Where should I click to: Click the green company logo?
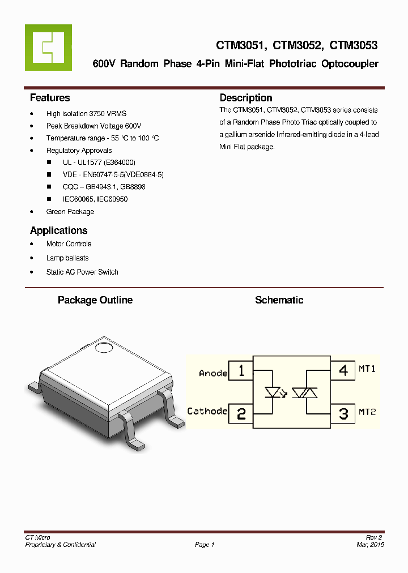click(48, 48)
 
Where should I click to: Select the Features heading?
click(50, 98)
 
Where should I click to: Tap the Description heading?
click(246, 98)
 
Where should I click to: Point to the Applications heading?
click(58, 230)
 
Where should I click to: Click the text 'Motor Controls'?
click(69, 244)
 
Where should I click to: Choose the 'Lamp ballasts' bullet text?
click(67, 258)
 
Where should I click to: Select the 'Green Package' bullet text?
click(70, 212)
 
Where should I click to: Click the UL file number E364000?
click(119, 162)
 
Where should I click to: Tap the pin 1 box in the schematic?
click(241, 371)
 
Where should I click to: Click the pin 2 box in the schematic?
click(241, 413)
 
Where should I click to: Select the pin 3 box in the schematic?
click(343, 413)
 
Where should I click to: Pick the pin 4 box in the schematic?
click(343, 371)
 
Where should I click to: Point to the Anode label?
click(213, 373)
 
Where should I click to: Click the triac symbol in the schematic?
click(307, 392)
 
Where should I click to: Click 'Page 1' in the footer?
click(205, 545)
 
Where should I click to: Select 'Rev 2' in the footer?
click(374, 537)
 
